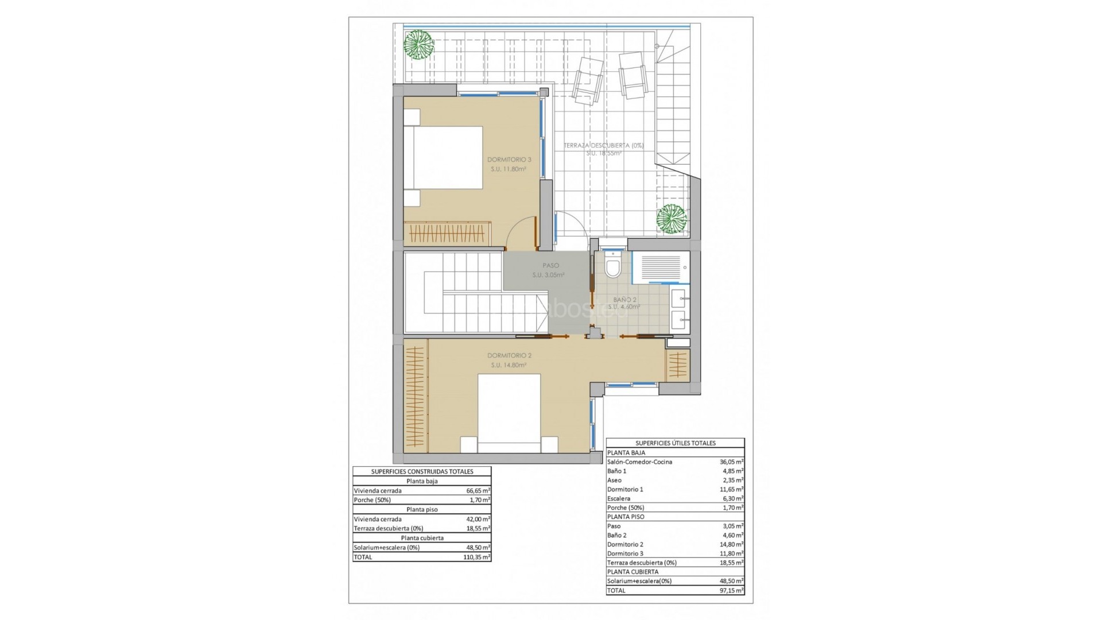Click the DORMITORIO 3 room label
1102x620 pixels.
click(509, 160)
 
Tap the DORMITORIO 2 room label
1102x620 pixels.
click(509, 355)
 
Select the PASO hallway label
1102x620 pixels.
click(550, 266)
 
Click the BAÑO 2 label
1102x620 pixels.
click(624, 300)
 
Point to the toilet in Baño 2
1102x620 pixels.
click(613, 267)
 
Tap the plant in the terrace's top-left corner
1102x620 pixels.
click(418, 44)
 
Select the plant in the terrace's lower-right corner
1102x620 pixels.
click(672, 219)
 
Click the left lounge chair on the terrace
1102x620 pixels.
click(587, 80)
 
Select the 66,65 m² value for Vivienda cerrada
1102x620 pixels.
click(478, 491)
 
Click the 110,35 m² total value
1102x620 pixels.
click(478, 557)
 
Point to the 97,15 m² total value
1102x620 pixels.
click(731, 590)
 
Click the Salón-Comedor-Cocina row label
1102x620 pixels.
click(639, 462)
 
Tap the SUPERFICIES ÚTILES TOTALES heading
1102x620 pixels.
click(675, 443)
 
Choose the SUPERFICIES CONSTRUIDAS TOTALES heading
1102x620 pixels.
click(422, 471)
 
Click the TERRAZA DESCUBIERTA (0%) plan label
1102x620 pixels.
click(603, 145)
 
